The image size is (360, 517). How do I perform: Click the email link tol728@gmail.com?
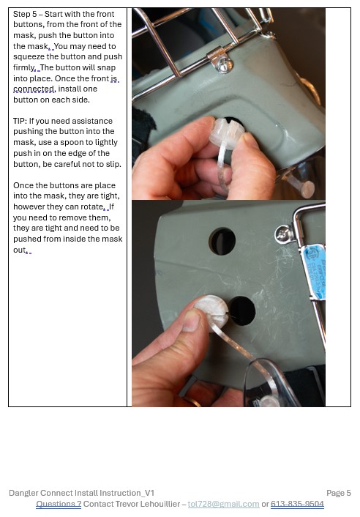[x=223, y=504]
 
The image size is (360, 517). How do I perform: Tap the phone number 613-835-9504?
[x=297, y=504]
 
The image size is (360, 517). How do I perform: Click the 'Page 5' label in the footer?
[x=339, y=493]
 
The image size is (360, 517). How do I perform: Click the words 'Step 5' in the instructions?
[x=25, y=14]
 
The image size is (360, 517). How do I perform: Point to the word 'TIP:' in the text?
[x=20, y=121]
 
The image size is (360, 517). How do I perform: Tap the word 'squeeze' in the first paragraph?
[x=29, y=56]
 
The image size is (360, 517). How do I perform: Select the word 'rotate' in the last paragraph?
[x=93, y=207]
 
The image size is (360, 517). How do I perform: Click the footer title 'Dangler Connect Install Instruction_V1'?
[x=82, y=493]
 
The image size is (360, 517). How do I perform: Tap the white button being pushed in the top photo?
[x=226, y=132]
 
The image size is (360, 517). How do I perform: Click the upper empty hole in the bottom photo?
[x=222, y=241]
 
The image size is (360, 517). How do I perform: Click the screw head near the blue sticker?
[x=282, y=234]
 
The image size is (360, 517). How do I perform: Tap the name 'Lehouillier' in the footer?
[x=160, y=504]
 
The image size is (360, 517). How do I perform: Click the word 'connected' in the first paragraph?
[x=34, y=89]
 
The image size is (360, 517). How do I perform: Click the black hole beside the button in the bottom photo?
[x=242, y=310]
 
